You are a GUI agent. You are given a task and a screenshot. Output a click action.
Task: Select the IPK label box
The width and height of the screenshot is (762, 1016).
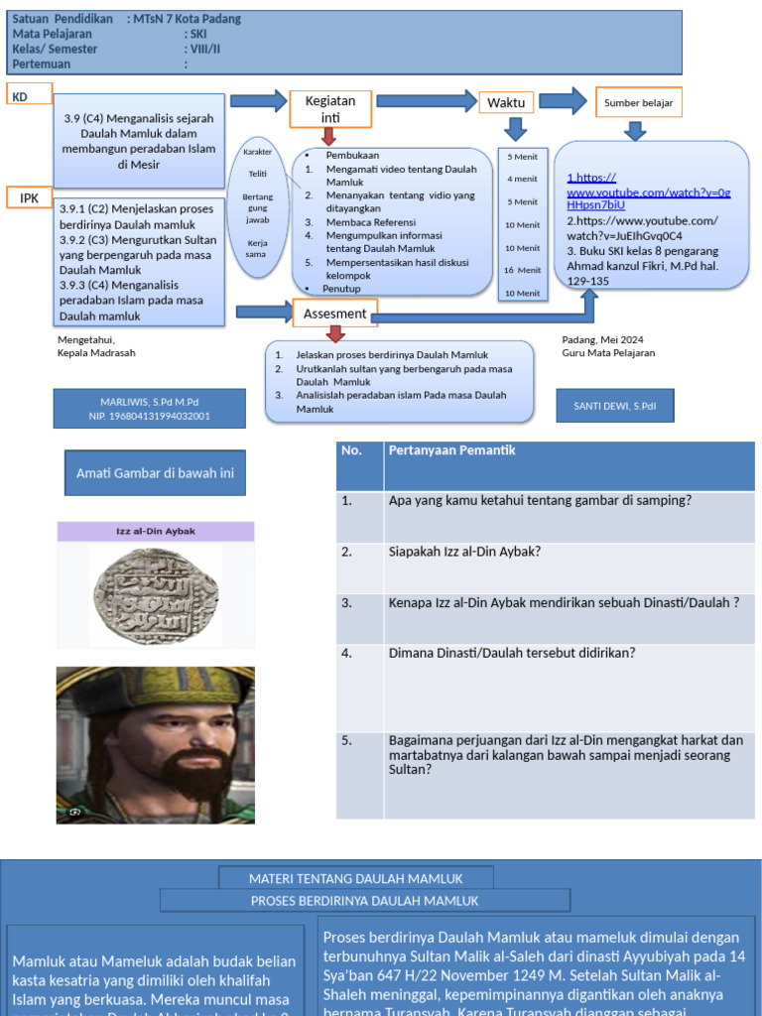point(30,197)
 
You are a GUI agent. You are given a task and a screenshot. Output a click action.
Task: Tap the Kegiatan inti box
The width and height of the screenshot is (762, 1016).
point(330,109)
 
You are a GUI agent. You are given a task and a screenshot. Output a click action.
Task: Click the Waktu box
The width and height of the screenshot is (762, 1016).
point(506,102)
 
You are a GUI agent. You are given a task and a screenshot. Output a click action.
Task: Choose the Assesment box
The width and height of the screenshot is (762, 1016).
point(335,314)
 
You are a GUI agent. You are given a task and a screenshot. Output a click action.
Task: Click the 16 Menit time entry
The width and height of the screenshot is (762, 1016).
point(522,270)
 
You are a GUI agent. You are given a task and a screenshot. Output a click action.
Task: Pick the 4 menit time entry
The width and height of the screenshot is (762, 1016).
point(522,179)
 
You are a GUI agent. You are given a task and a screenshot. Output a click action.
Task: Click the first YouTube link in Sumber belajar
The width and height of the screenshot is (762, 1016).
point(648,190)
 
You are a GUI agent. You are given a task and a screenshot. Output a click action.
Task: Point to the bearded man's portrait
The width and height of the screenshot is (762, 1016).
point(155,744)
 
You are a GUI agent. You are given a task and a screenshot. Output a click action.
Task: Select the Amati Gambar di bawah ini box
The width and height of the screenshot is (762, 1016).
point(155,473)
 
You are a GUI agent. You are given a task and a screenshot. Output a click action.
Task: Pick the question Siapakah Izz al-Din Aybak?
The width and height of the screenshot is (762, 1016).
point(464,552)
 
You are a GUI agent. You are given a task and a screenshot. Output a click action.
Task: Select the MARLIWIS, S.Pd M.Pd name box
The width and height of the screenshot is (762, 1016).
point(149,409)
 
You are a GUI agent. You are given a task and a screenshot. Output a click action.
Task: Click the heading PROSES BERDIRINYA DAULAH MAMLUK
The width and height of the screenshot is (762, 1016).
point(364,901)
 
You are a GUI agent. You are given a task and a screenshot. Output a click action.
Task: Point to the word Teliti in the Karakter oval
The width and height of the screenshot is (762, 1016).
point(258,174)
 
